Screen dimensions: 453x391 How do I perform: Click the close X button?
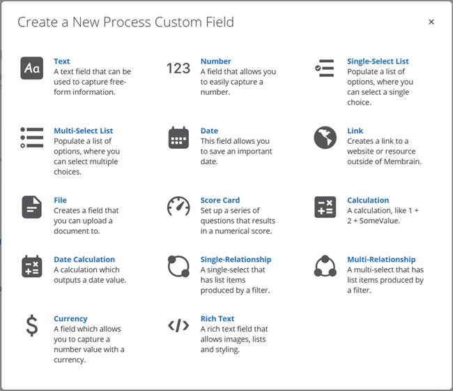coord(431,22)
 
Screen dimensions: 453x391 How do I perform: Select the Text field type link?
coord(61,61)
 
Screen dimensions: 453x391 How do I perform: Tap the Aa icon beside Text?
coord(32,68)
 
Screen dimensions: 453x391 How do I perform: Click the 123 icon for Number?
coord(178,68)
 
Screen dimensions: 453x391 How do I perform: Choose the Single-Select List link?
coord(378,61)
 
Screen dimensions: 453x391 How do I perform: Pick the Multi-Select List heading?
coord(83,131)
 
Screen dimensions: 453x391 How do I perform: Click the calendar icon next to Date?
coord(178,138)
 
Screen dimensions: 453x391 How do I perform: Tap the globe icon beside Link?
coord(325,138)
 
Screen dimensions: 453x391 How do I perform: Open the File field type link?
coord(60,200)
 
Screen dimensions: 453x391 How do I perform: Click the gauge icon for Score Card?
coord(178,206)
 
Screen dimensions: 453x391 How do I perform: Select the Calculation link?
coord(368,200)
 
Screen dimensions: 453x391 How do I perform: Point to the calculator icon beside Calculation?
coord(325,207)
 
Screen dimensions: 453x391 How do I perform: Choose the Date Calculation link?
coord(84,259)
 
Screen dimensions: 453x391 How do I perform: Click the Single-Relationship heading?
coord(236,259)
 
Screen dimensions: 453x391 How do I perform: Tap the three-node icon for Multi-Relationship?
coord(325,266)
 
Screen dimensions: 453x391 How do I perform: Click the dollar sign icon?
coord(32,325)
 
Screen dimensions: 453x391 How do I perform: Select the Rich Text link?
coord(217,318)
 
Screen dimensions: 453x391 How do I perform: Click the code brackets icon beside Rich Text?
coord(178,325)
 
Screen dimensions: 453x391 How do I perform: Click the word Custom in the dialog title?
coord(178,22)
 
